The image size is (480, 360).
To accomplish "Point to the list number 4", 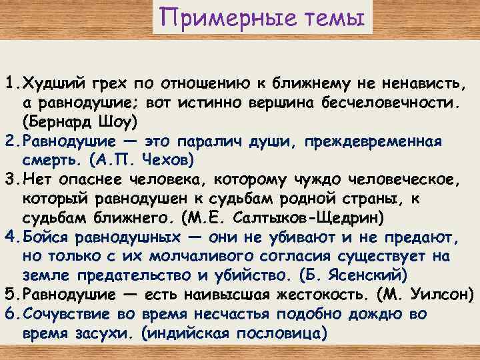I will pyautogui.click(x=9, y=238).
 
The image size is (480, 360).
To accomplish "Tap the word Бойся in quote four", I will pyautogui.click(x=45, y=238).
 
